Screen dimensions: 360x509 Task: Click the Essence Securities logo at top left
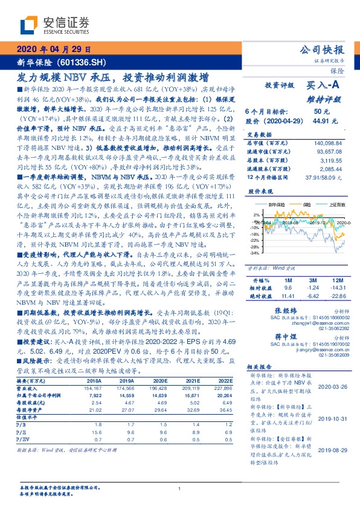point(55,24)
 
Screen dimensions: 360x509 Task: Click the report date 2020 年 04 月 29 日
point(54,50)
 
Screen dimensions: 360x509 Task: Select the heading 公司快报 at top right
point(323,50)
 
